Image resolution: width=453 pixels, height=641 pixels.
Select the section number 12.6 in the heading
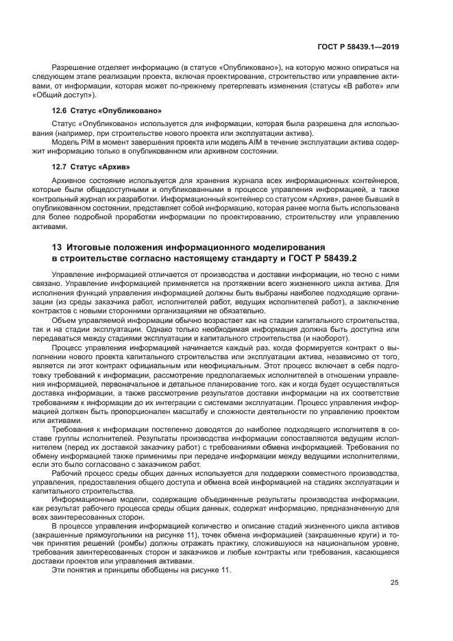point(60,110)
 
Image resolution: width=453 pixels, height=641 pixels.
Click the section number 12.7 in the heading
point(60,167)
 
